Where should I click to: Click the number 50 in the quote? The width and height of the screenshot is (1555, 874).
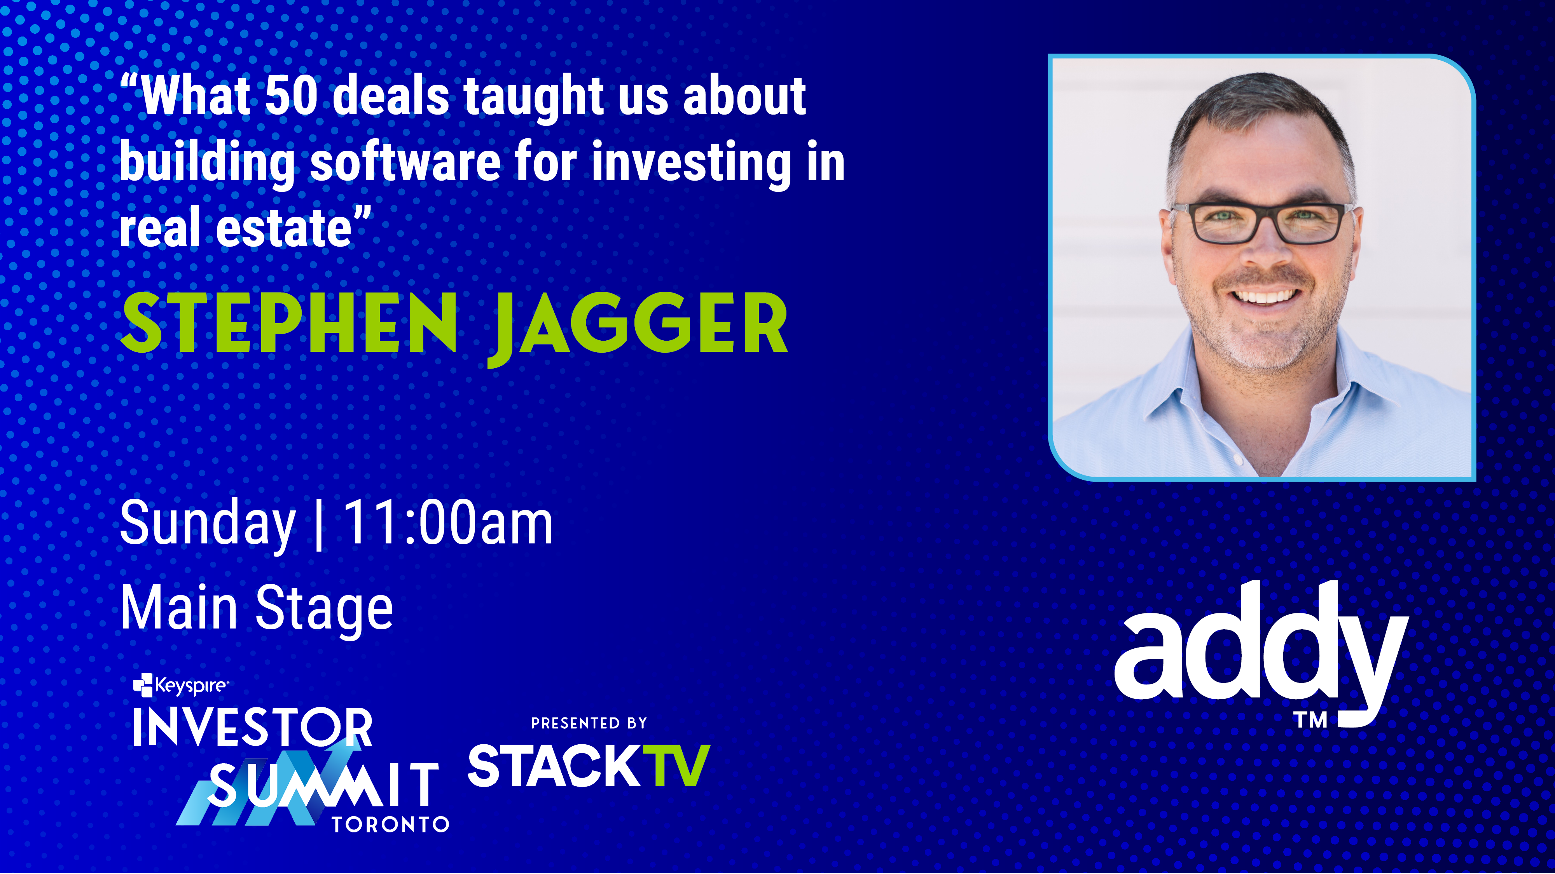pos(291,96)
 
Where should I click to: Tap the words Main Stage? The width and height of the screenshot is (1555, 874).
pos(257,608)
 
